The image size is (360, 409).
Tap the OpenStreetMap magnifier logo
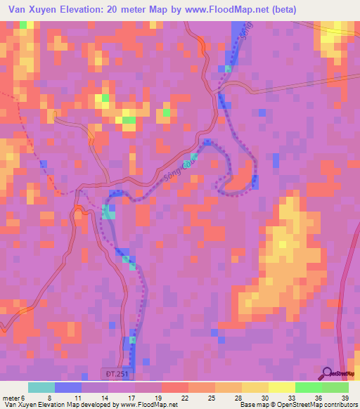pos(328,372)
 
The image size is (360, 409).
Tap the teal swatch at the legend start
pos(41,387)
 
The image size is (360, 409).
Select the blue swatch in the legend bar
pos(67,387)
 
